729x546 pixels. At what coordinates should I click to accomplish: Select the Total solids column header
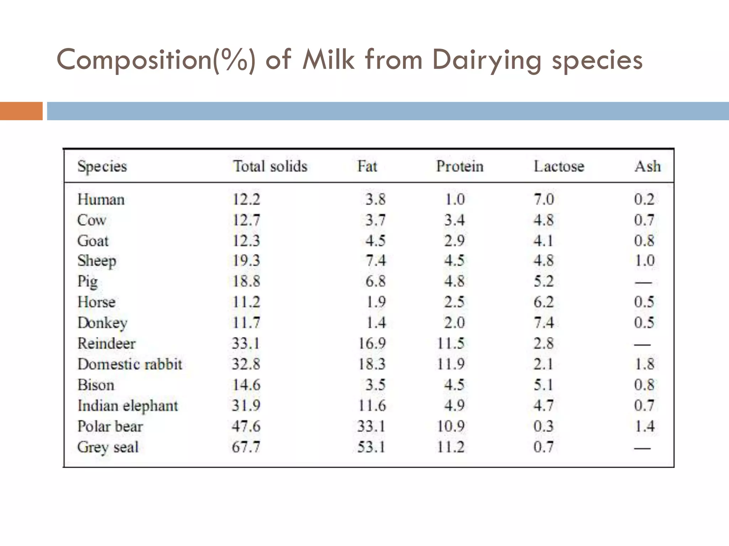270,166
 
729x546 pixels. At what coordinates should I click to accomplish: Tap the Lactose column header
558,166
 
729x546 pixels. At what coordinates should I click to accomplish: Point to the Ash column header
647,166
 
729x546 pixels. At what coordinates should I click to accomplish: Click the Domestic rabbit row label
130,364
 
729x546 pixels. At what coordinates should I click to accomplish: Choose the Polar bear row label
110,426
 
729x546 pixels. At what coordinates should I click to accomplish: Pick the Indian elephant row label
127,406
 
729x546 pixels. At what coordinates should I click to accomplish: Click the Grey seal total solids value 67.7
246,447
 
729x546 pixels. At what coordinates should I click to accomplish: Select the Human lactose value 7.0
544,199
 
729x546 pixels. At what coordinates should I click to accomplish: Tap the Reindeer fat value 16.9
372,344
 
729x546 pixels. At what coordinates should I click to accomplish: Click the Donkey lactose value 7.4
544,323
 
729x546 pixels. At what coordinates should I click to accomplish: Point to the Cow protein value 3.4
454,220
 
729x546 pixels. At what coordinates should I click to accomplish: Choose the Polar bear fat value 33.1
371,426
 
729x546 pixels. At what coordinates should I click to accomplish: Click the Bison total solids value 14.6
246,385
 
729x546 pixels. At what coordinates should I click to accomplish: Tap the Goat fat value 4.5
376,241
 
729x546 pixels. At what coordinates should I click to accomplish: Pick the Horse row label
96,302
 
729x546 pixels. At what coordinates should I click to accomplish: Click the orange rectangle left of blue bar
21,111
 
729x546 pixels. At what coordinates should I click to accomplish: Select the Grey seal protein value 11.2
451,447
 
